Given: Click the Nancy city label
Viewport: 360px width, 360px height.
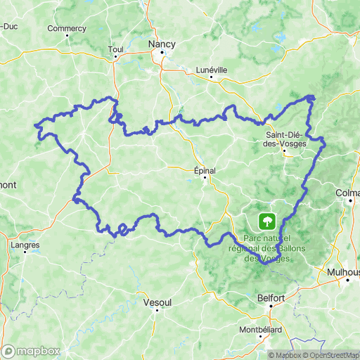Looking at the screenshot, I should [161, 43].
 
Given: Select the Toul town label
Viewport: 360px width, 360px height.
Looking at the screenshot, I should [115, 49].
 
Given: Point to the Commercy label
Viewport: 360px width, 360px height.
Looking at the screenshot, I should [66, 29].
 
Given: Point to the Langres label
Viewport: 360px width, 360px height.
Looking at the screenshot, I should [26, 245].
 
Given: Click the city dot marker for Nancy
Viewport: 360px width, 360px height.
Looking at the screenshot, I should [162, 52].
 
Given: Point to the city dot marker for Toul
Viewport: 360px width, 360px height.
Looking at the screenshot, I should [115, 58].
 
